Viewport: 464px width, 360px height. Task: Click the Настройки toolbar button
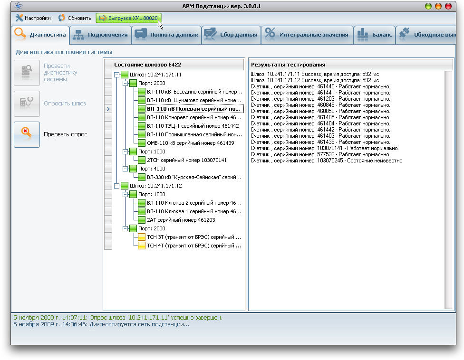(x=33, y=18)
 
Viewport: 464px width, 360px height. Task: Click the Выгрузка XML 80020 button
(x=129, y=18)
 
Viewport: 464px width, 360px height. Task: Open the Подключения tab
(x=101, y=35)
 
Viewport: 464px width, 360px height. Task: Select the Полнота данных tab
(x=166, y=35)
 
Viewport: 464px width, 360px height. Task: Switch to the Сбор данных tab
(x=231, y=35)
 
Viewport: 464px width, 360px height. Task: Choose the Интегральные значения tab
(x=307, y=35)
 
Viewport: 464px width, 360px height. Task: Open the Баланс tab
(x=375, y=35)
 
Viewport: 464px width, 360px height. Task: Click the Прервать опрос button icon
(x=27, y=134)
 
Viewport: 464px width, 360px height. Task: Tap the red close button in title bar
(x=448, y=6)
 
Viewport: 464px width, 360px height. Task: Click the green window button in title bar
(x=428, y=6)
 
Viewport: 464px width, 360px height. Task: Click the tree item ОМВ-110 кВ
(x=191, y=143)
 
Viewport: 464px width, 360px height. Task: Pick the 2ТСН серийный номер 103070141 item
(x=187, y=160)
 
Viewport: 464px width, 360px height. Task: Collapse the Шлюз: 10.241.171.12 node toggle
(x=117, y=186)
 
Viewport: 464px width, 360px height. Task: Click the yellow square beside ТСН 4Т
(x=142, y=246)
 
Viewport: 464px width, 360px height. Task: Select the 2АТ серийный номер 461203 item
(x=181, y=220)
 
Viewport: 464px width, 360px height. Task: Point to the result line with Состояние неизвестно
(x=327, y=161)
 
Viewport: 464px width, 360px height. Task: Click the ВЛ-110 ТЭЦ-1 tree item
(x=193, y=126)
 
